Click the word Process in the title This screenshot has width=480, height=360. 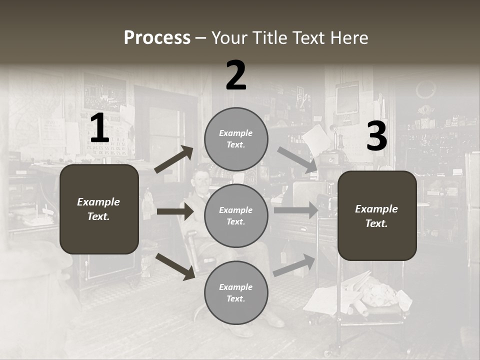[157, 38]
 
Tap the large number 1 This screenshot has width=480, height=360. [99, 128]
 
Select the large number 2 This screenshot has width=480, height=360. [236, 75]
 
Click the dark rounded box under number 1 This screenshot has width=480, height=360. [99, 209]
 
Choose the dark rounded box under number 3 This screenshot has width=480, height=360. [377, 215]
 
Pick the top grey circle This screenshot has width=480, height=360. [236, 139]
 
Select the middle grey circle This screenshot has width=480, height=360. [236, 215]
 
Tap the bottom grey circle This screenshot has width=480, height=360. [236, 292]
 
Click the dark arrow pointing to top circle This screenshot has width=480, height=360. [174, 159]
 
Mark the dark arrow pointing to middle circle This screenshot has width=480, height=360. [175, 211]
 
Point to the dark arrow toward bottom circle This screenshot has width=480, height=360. [175, 266]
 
